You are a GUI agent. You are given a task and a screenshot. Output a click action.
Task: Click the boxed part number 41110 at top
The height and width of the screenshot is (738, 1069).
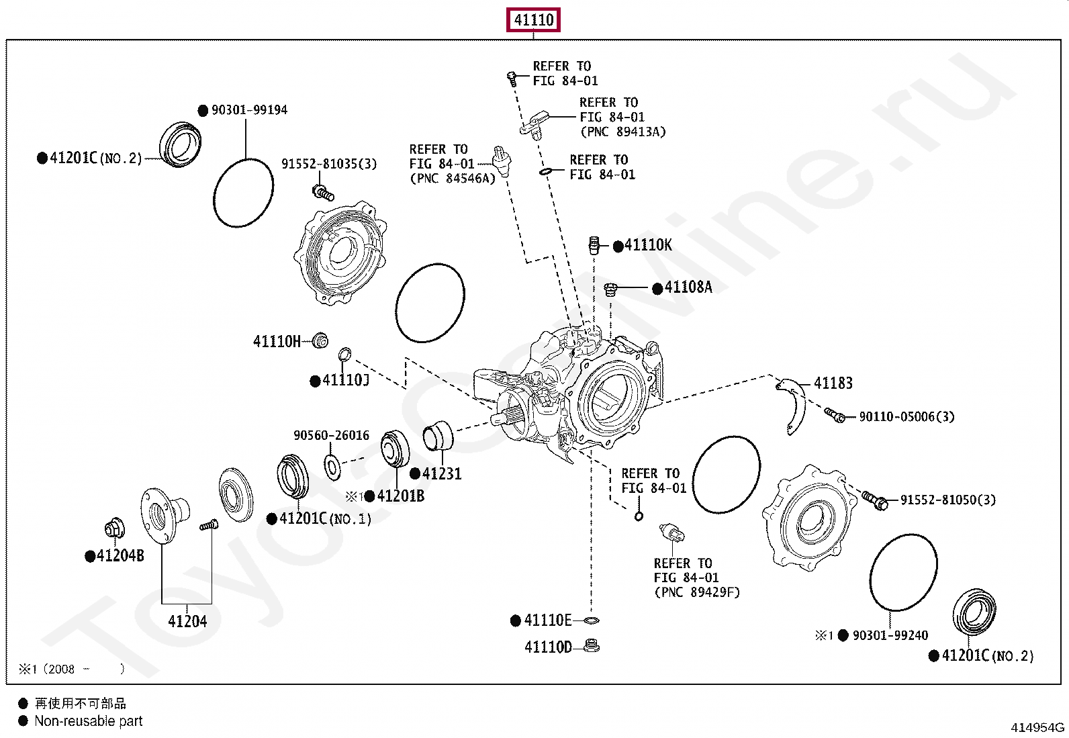click(533, 20)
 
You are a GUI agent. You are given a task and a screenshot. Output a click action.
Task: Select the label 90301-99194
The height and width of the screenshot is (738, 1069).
click(249, 110)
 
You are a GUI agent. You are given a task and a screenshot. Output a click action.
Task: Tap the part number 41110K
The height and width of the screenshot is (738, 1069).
click(647, 245)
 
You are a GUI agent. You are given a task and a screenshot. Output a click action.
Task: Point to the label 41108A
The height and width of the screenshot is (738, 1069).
click(688, 287)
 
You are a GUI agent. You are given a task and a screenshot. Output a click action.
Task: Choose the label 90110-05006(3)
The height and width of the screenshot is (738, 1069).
click(907, 417)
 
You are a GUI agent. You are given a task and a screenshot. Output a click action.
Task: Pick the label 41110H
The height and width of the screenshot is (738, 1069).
click(277, 342)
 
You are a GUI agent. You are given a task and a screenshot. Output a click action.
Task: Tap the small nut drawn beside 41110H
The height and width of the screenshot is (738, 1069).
click(321, 340)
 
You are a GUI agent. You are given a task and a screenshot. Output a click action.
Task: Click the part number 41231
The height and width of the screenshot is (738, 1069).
click(442, 474)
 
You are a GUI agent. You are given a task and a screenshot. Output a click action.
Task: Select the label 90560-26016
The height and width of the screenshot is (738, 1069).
click(331, 436)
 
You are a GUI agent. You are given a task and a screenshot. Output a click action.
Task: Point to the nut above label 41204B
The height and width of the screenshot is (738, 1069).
click(115, 528)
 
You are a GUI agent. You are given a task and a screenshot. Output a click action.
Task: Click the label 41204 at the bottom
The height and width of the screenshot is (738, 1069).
click(187, 622)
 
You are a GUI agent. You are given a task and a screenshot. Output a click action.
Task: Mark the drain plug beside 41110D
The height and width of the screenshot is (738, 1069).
click(592, 647)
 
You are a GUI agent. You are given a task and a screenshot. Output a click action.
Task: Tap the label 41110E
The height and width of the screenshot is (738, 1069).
click(548, 620)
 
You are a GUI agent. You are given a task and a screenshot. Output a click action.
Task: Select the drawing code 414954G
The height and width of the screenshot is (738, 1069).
click(1037, 727)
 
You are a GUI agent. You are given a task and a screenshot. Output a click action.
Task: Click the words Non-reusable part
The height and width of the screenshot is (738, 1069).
click(89, 721)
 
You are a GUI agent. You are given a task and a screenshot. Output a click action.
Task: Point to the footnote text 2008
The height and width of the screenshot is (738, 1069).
click(61, 670)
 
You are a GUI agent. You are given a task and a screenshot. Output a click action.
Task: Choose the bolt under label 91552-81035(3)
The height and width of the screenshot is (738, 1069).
click(324, 193)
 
